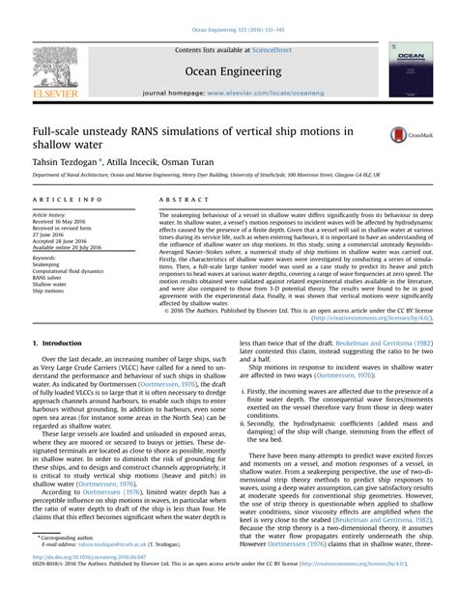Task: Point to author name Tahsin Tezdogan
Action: point(67,162)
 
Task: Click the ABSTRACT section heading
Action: point(178,198)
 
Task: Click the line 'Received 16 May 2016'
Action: point(62,219)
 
